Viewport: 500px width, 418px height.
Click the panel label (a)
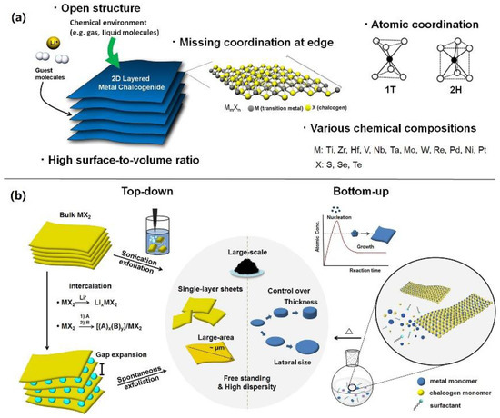[x=14, y=14]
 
